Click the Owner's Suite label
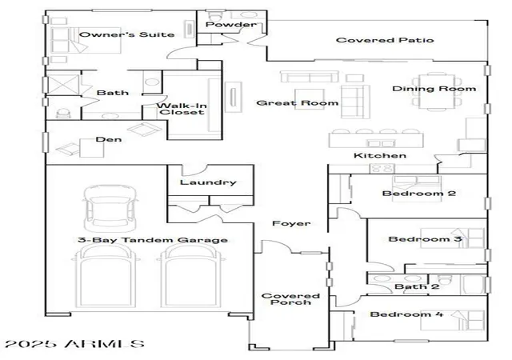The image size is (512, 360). click(x=126, y=34)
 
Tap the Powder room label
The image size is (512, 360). click(x=230, y=25)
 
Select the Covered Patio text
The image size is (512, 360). click(x=385, y=40)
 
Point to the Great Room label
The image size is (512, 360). click(x=297, y=103)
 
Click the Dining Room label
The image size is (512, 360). click(x=434, y=89)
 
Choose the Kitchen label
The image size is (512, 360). click(x=380, y=155)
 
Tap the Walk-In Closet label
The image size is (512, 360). click(x=182, y=109)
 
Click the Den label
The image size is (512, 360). click(x=109, y=139)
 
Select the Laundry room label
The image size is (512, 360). click(x=208, y=182)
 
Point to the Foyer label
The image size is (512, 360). click(x=291, y=223)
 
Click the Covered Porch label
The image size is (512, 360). click(x=290, y=299)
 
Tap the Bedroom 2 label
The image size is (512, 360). click(x=419, y=193)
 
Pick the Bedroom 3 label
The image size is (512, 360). click(x=425, y=239)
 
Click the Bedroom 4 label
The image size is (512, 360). click(x=406, y=314)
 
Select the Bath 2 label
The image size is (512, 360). click(x=417, y=286)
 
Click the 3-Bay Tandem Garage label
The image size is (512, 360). click(x=153, y=240)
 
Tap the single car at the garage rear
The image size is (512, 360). click(x=110, y=209)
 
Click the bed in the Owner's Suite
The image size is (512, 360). click(x=86, y=40)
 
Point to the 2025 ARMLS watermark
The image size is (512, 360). click(x=74, y=344)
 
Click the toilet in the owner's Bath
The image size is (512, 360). click(x=63, y=113)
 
